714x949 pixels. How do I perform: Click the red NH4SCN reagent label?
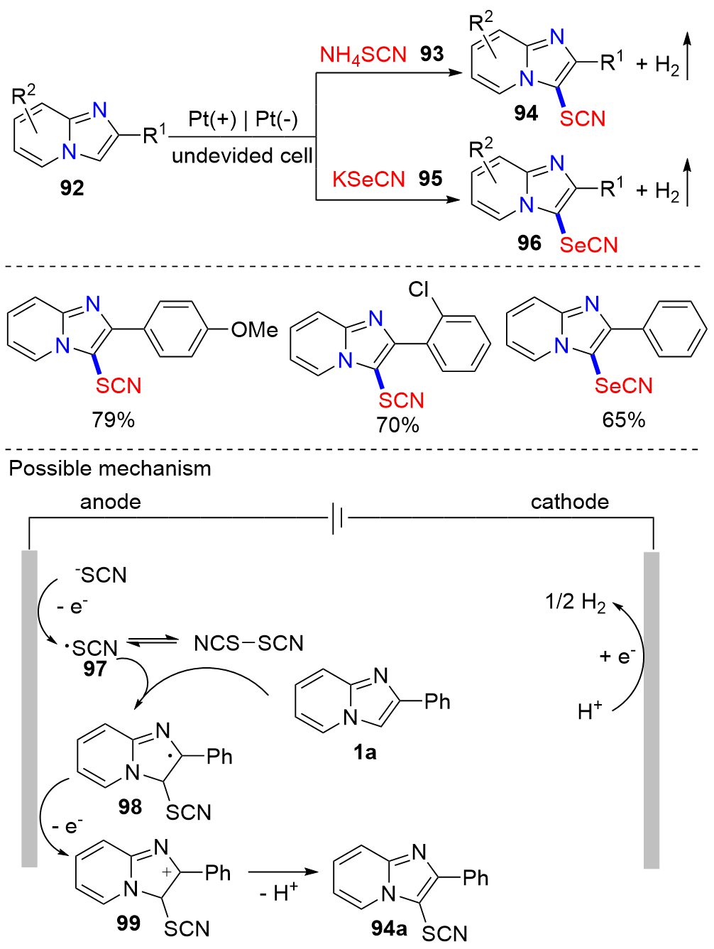(x=363, y=55)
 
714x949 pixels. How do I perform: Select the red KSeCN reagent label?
(x=368, y=179)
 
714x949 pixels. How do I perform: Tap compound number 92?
(x=72, y=187)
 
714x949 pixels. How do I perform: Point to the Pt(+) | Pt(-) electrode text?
(x=243, y=119)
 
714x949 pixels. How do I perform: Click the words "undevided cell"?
(x=242, y=155)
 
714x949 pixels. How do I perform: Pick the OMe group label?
(x=254, y=330)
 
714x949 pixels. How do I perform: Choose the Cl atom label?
(x=419, y=290)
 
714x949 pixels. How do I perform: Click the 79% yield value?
(x=113, y=419)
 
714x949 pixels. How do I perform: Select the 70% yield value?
(x=397, y=425)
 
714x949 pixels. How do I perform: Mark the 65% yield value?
(x=623, y=419)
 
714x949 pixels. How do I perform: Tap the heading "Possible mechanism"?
(x=110, y=468)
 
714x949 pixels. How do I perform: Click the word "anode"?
(x=110, y=502)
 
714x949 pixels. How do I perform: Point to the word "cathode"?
(x=569, y=502)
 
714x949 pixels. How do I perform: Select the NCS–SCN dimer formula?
(x=248, y=643)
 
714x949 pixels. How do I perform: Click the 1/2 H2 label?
(x=575, y=603)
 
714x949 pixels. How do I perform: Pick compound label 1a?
(x=365, y=752)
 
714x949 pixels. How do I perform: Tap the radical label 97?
(x=94, y=668)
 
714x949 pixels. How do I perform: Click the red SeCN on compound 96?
(x=588, y=245)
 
